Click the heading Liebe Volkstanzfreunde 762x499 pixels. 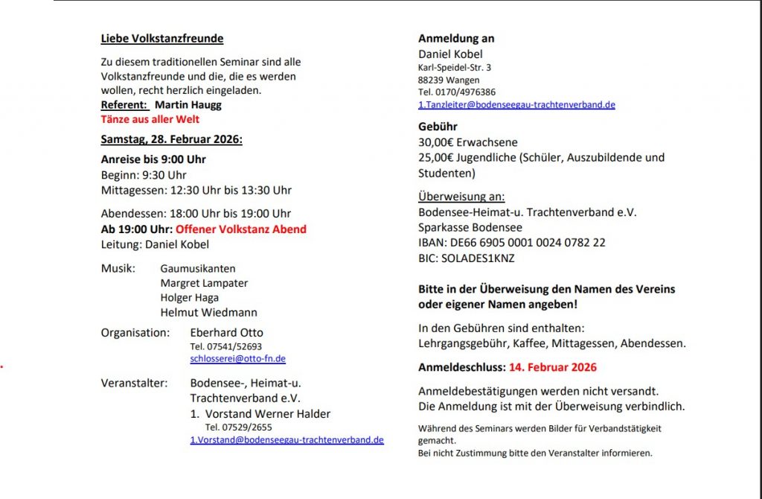pyautogui.click(x=162, y=39)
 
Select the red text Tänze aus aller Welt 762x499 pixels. pyautogui.click(x=150, y=119)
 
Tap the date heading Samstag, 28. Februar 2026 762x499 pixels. pyautogui.click(x=172, y=139)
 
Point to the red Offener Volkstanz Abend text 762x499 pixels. pyautogui.click(x=241, y=229)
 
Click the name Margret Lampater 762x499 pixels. pyautogui.click(x=204, y=283)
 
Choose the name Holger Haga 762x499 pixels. pyautogui.click(x=190, y=298)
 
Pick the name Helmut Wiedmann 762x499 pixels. pyautogui.click(x=208, y=313)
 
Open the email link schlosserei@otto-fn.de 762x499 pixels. pyautogui.click(x=238, y=359)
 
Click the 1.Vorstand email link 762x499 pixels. pyautogui.click(x=286, y=440)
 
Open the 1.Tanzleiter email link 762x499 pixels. pyautogui.click(x=516, y=105)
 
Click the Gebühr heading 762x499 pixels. pyautogui.click(x=438, y=127)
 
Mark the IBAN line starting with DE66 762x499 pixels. pyautogui.click(x=511, y=243)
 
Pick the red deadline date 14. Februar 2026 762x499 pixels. pyautogui.click(x=552, y=367)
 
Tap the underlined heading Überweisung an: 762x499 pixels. pyautogui.click(x=461, y=197)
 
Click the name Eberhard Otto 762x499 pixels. pyautogui.click(x=226, y=333)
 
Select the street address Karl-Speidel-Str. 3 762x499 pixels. pyautogui.click(x=454, y=68)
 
